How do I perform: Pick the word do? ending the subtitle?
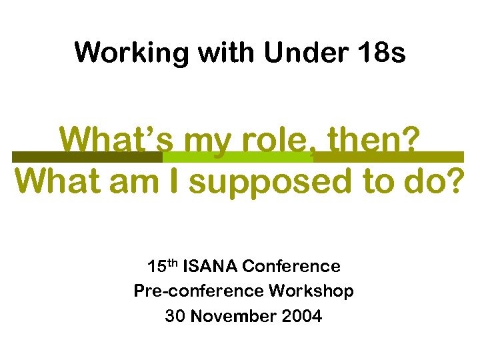pos(433,181)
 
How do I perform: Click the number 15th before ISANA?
pos(161,267)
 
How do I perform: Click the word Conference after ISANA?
pos(291,267)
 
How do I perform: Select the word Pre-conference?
pos(199,291)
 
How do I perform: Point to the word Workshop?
pos(311,291)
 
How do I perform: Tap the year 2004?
pos(302,316)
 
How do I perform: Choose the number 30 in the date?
pos(175,316)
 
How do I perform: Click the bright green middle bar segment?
pos(237,157)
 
